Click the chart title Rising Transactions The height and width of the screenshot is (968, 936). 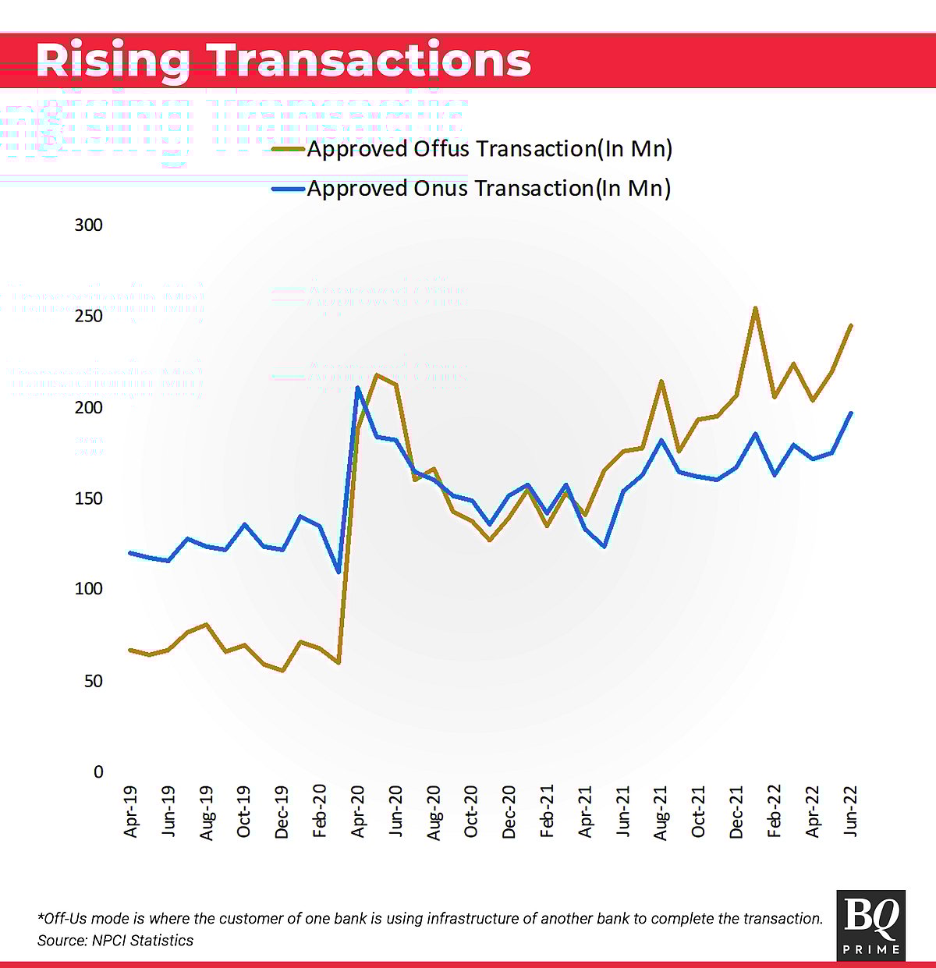pyautogui.click(x=283, y=60)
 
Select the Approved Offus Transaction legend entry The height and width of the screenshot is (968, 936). pyautogui.click(x=489, y=148)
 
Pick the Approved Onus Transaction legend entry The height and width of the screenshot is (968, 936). pyautogui.click(x=488, y=188)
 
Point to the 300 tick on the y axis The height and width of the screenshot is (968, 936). pyautogui.click(x=88, y=225)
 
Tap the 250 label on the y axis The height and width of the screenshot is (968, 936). pyautogui.click(x=88, y=316)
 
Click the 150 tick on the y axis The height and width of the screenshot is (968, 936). pyautogui.click(x=88, y=498)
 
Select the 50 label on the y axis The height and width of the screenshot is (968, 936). pyautogui.click(x=92, y=681)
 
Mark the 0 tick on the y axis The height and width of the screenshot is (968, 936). pyautogui.click(x=98, y=771)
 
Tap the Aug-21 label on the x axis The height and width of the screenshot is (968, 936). pyautogui.click(x=661, y=813)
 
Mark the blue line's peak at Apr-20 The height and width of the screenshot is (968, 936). pyautogui.click(x=357, y=388)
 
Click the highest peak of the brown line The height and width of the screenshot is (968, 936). pyautogui.click(x=755, y=308)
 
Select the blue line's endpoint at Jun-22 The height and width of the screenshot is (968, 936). pyautogui.click(x=850, y=413)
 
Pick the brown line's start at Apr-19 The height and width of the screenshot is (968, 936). pyautogui.click(x=130, y=650)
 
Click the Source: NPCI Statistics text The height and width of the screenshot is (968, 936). pyautogui.click(x=115, y=941)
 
